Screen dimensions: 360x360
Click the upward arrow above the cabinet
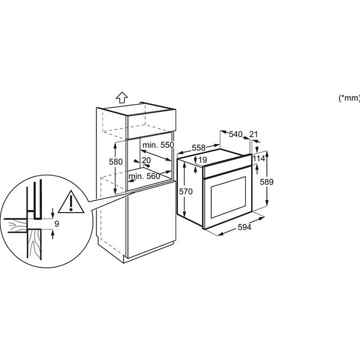click(122, 97)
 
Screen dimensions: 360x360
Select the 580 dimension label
click(116, 161)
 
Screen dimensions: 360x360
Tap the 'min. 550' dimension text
click(159, 145)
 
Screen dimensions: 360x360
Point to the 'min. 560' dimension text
click(145, 176)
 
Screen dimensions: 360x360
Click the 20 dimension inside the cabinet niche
click(146, 160)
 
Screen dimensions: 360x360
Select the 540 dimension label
click(236, 134)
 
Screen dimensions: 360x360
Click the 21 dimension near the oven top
click(254, 134)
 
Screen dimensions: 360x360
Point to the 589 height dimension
click(266, 182)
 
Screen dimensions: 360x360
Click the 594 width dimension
click(244, 227)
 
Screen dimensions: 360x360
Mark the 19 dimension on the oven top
click(202, 160)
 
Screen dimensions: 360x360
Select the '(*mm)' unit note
click(349, 97)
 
